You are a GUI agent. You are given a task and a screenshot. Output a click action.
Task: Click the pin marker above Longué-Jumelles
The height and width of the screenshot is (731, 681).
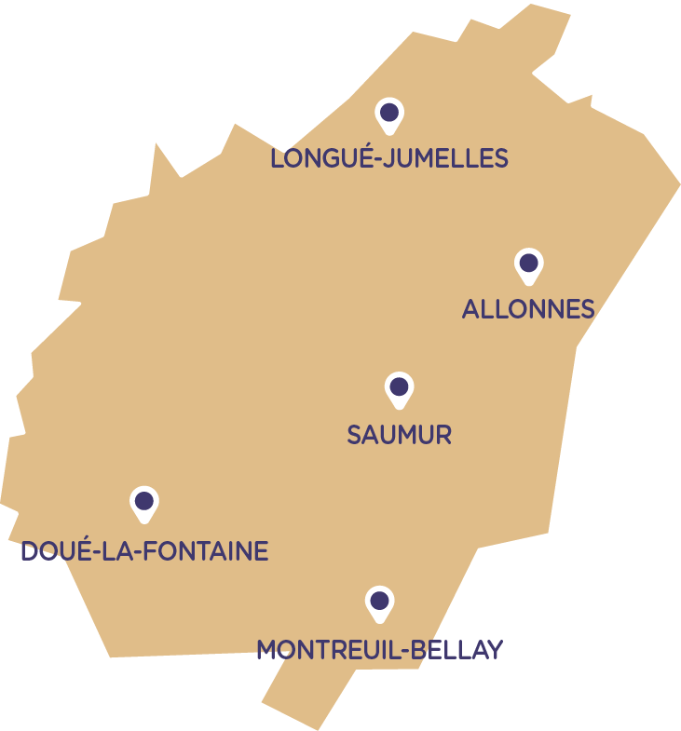point(389,114)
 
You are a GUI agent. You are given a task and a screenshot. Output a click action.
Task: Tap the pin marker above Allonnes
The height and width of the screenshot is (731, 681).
point(528,264)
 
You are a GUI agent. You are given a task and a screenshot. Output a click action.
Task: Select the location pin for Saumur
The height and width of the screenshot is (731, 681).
point(399,387)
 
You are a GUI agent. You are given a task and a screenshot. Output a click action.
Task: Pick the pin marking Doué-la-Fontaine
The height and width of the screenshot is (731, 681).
point(143,502)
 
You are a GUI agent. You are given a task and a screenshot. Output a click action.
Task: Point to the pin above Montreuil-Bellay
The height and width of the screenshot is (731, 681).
point(378,602)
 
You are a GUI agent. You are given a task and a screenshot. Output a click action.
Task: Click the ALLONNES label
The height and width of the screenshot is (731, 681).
point(528,309)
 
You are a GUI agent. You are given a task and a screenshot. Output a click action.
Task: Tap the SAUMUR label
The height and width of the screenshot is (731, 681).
point(399,435)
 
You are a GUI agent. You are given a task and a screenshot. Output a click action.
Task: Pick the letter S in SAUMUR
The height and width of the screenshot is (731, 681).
point(355,435)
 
